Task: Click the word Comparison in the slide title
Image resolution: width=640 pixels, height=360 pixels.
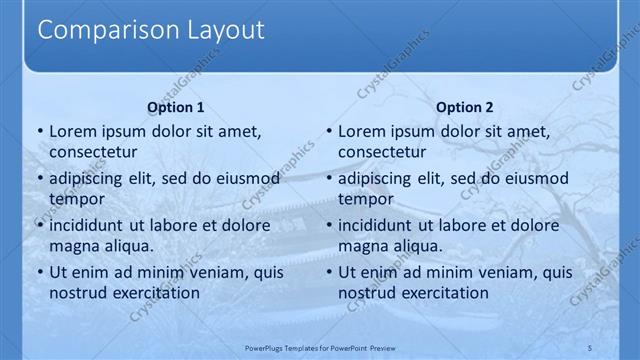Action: coord(98,30)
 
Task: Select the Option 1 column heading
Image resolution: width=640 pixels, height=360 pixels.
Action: coord(176,107)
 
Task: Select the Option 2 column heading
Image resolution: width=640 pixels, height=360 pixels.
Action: coord(465,107)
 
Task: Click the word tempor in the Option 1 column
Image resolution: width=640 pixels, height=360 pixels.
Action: coord(74,199)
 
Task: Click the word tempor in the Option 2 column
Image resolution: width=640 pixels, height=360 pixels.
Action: coord(363,199)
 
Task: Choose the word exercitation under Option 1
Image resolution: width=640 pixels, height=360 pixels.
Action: coord(154,293)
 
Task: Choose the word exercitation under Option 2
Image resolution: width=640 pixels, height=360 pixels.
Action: coord(443,293)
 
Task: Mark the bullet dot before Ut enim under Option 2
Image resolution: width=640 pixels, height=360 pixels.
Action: coord(328,272)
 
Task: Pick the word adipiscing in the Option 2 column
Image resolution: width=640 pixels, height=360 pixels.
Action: coord(378,178)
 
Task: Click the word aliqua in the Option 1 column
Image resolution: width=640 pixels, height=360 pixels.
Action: coord(127,246)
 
